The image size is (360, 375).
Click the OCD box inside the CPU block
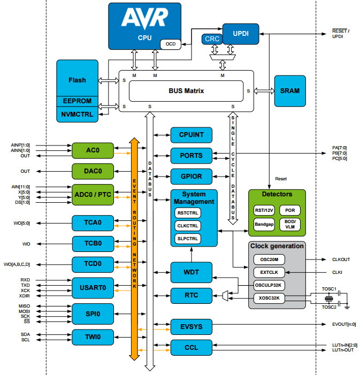coord(171,43)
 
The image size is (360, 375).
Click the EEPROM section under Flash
coord(77,101)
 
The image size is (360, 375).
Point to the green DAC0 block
coord(94,171)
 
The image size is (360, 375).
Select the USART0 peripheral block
coord(94,287)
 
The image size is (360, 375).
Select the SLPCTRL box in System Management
coord(187,238)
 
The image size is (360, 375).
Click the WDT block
coord(191,272)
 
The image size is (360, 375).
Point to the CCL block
coord(191,348)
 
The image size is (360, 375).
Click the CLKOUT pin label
coord(341,259)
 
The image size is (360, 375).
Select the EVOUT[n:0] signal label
coord(344,324)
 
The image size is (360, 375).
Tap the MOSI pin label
coord(25,311)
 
